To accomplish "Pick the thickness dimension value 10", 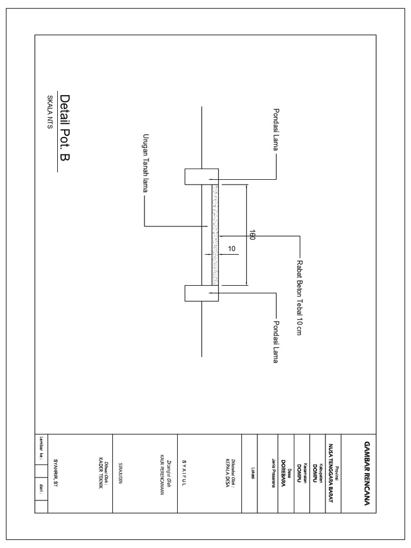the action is (232, 249).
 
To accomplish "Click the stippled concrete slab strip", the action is (215, 235).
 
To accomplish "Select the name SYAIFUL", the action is (184, 473).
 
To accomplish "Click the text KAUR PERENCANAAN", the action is (161, 473).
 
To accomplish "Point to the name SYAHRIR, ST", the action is (55, 474).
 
